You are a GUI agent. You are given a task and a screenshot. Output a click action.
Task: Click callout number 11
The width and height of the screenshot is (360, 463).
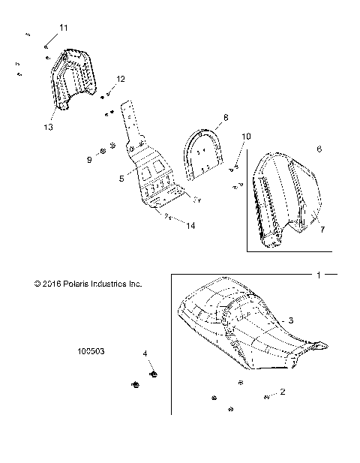[x=63, y=28]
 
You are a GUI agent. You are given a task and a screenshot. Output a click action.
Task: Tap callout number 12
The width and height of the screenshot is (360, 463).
[x=120, y=79]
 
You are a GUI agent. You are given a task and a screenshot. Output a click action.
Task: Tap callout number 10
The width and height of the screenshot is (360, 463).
[x=246, y=136]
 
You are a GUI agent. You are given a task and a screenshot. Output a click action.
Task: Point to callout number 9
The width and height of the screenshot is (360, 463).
[x=89, y=159]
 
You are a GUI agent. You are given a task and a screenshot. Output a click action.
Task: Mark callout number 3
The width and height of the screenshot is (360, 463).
[x=290, y=320]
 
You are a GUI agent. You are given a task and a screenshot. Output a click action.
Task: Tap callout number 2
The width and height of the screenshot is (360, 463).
[x=282, y=392]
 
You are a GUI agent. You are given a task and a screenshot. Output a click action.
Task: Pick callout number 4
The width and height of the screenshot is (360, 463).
[x=145, y=352]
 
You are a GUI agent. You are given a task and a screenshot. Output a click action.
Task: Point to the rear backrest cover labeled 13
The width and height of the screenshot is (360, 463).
[x=76, y=79]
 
